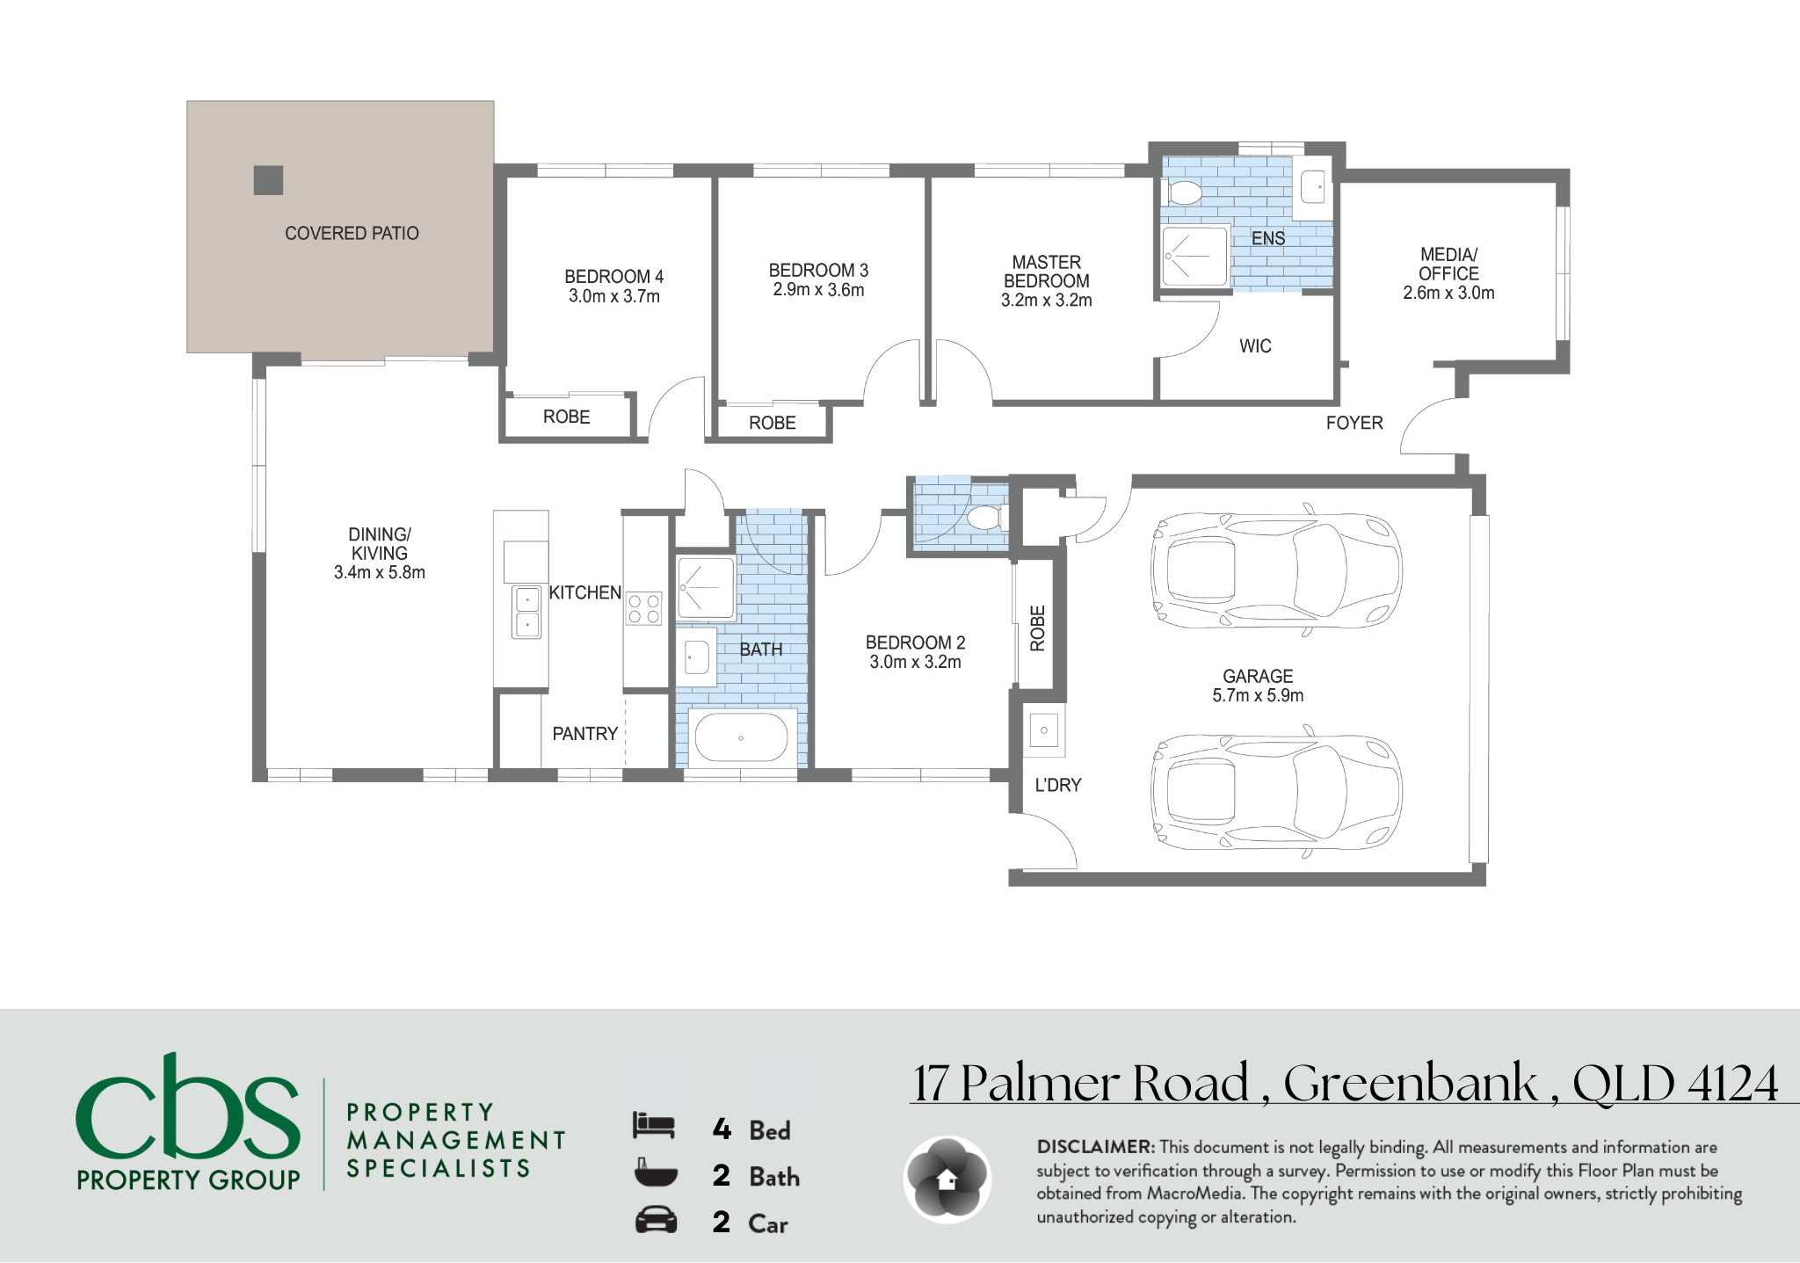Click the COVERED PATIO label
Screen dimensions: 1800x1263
(x=352, y=234)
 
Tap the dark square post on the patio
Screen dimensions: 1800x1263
(x=269, y=180)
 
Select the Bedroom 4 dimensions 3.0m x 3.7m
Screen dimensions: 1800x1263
(x=614, y=296)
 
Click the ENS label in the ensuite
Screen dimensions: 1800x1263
(x=1268, y=238)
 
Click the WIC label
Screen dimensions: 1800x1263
(x=1255, y=346)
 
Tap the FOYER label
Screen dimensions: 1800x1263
(x=1354, y=423)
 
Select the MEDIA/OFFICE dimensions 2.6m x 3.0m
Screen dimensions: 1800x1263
(x=1448, y=293)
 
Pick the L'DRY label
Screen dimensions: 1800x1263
(x=1057, y=785)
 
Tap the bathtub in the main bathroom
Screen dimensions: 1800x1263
(x=741, y=737)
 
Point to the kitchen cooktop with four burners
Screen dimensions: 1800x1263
(x=643, y=609)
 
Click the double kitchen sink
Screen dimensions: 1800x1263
(x=526, y=612)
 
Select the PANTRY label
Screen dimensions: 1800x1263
(x=584, y=734)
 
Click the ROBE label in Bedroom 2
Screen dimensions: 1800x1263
(x=1038, y=628)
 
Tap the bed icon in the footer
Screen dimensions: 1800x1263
(x=654, y=1126)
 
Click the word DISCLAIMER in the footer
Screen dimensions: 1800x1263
(x=1095, y=1147)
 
